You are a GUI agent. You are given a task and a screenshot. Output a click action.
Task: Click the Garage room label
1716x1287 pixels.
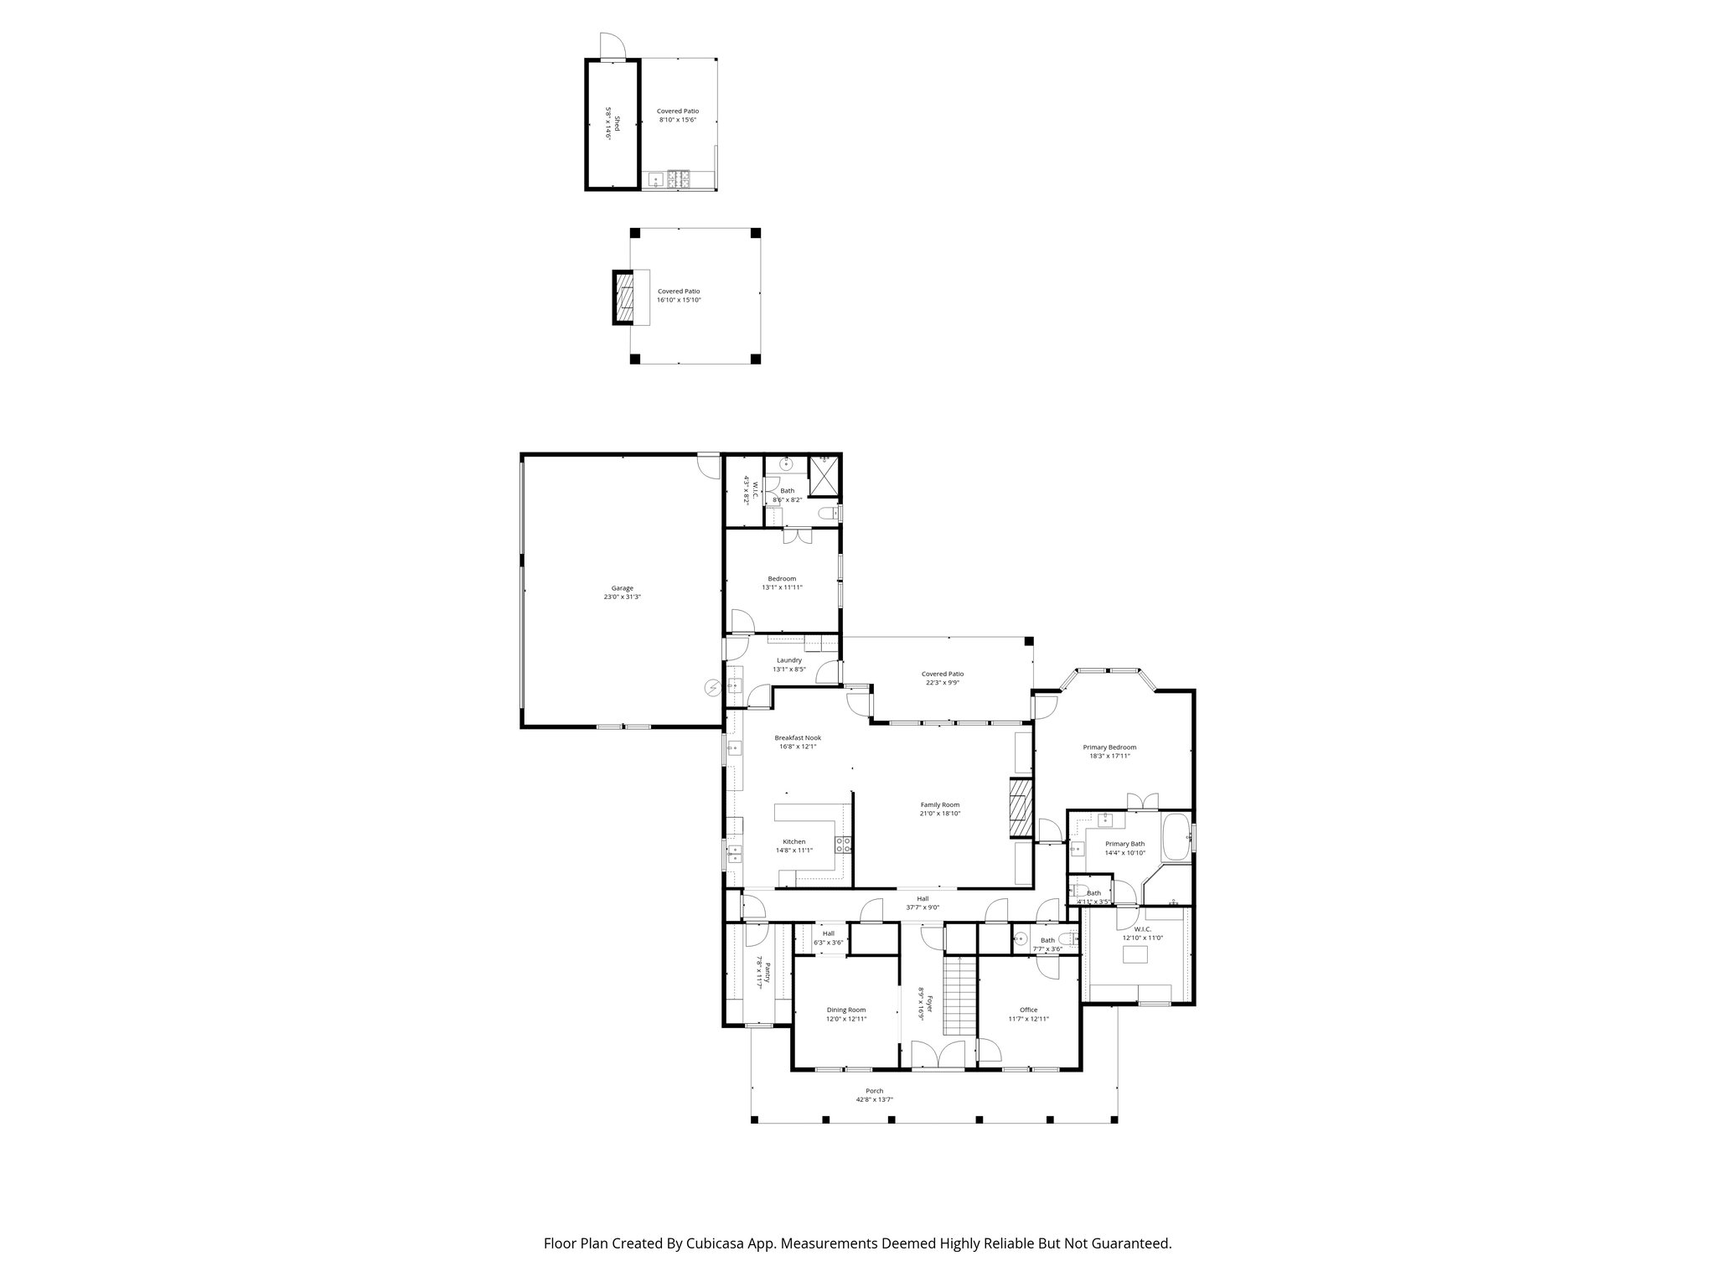click(x=621, y=587)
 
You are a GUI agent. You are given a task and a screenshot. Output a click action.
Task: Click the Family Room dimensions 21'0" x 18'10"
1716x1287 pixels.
click(x=939, y=814)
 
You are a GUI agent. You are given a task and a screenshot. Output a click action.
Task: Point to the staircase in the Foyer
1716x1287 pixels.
click(x=961, y=995)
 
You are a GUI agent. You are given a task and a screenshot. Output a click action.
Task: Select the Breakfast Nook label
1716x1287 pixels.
click(x=797, y=737)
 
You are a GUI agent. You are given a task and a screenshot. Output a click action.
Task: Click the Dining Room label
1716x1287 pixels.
click(x=845, y=1010)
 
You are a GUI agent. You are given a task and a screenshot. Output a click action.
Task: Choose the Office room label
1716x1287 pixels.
click(x=1028, y=1010)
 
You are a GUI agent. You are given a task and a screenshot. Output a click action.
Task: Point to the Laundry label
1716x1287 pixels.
click(x=788, y=659)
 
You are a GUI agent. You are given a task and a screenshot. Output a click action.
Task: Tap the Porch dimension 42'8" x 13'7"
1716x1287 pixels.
click(x=869, y=1099)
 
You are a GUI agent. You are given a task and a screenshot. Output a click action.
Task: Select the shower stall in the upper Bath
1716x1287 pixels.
click(x=824, y=478)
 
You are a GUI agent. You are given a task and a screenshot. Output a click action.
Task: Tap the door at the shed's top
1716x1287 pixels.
click(x=612, y=45)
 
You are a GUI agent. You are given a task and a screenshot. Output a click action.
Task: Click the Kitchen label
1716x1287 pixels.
click(x=793, y=841)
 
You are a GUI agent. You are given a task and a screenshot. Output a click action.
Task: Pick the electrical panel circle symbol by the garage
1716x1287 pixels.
click(x=713, y=688)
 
